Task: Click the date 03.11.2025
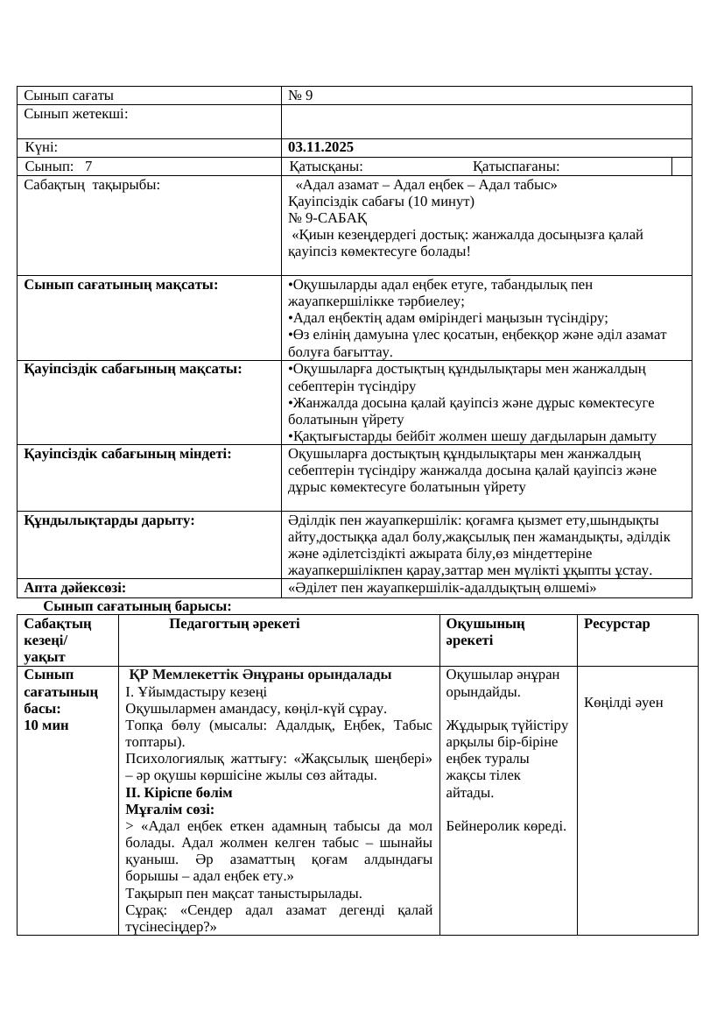coord(320,147)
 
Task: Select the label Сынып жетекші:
coord(76,114)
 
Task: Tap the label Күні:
coord(42,147)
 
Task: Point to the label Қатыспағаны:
coord(516,166)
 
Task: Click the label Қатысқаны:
coord(326,166)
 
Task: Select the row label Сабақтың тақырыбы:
coord(92,185)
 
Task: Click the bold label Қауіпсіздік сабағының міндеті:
coord(128,453)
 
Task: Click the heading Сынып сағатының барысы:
coord(137,605)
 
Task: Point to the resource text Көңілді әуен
coord(624,702)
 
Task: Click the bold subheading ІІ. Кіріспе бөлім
coord(179,792)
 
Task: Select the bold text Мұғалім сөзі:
coord(170,809)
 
